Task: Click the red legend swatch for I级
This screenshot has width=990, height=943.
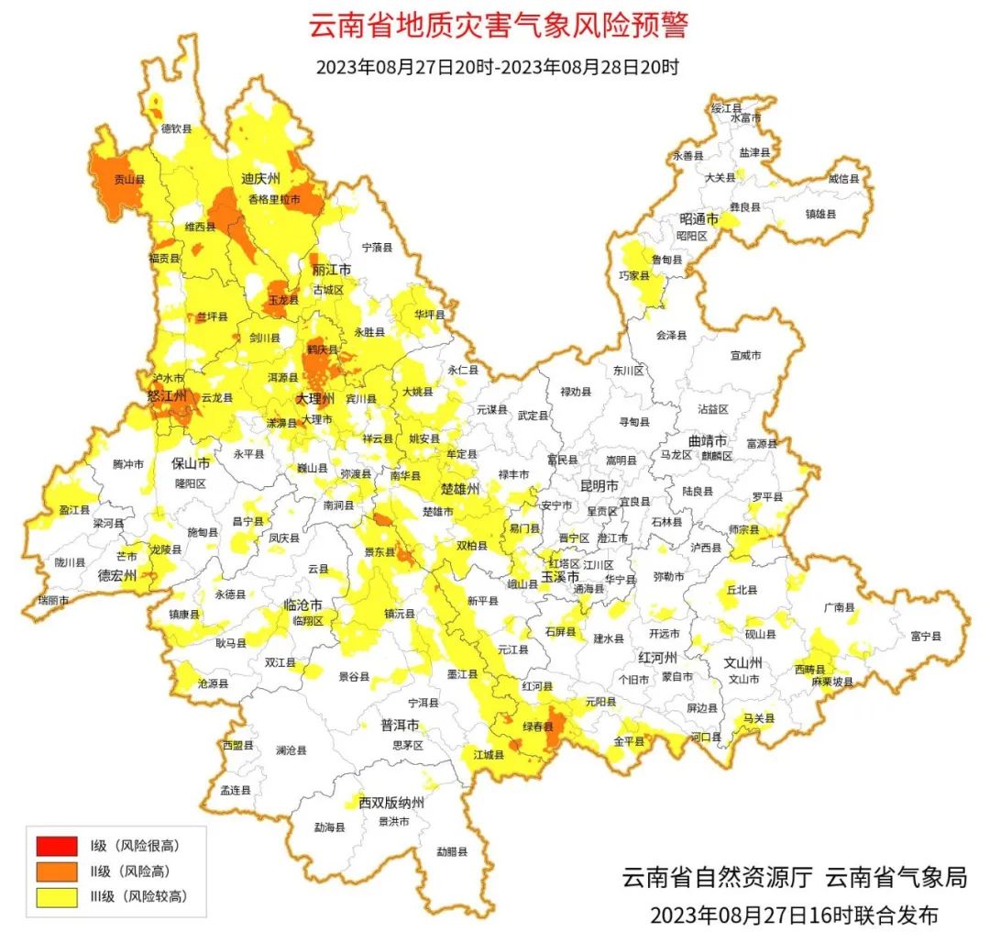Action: click(57, 845)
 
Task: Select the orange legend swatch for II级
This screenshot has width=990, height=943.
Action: click(57, 871)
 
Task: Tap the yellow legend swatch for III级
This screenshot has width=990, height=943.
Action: click(57, 896)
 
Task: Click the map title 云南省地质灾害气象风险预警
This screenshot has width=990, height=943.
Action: click(498, 27)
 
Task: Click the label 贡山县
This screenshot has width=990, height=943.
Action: click(128, 181)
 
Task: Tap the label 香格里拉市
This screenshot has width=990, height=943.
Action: click(274, 199)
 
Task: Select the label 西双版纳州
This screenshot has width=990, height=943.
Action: click(391, 803)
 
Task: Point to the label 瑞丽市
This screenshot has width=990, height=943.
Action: click(52, 599)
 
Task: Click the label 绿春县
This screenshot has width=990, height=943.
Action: click(538, 727)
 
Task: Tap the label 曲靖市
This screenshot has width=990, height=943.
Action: click(707, 440)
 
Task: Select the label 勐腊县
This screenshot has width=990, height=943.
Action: click(452, 851)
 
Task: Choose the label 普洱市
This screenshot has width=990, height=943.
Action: click(401, 725)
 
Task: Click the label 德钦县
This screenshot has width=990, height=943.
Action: click(177, 129)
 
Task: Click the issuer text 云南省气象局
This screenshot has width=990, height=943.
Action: click(896, 878)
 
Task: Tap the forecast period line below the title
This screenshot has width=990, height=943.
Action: click(497, 68)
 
